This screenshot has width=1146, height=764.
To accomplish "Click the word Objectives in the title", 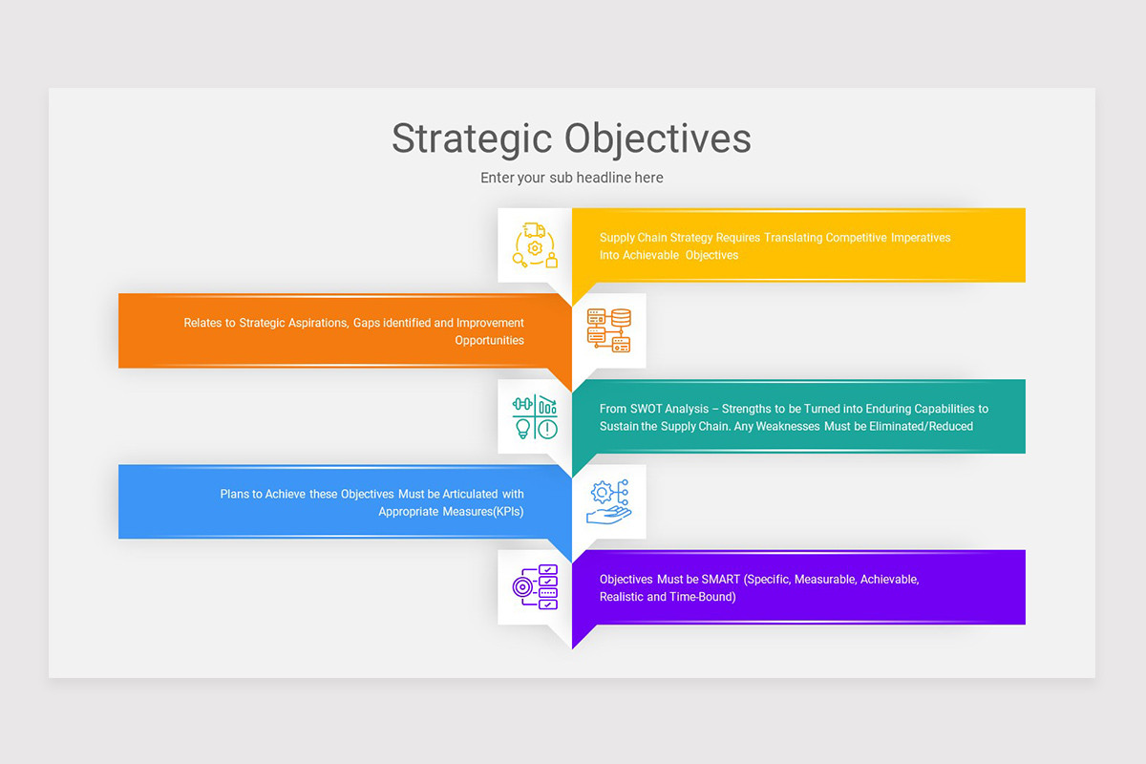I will click(658, 138).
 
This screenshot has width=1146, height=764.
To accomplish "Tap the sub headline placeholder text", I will click(571, 178).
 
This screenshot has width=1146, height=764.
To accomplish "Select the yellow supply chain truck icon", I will click(535, 245).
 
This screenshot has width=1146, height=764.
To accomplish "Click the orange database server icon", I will click(608, 330).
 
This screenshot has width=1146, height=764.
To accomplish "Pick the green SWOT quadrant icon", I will click(535, 417).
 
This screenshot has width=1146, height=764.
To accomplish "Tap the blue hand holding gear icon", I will click(608, 502).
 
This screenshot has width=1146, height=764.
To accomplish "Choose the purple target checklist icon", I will click(535, 587).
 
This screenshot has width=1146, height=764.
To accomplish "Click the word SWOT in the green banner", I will click(647, 409).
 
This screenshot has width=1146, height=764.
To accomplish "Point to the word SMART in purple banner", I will click(720, 579).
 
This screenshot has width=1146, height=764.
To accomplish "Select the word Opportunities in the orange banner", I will click(489, 340).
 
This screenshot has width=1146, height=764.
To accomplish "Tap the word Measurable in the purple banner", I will click(822, 579).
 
